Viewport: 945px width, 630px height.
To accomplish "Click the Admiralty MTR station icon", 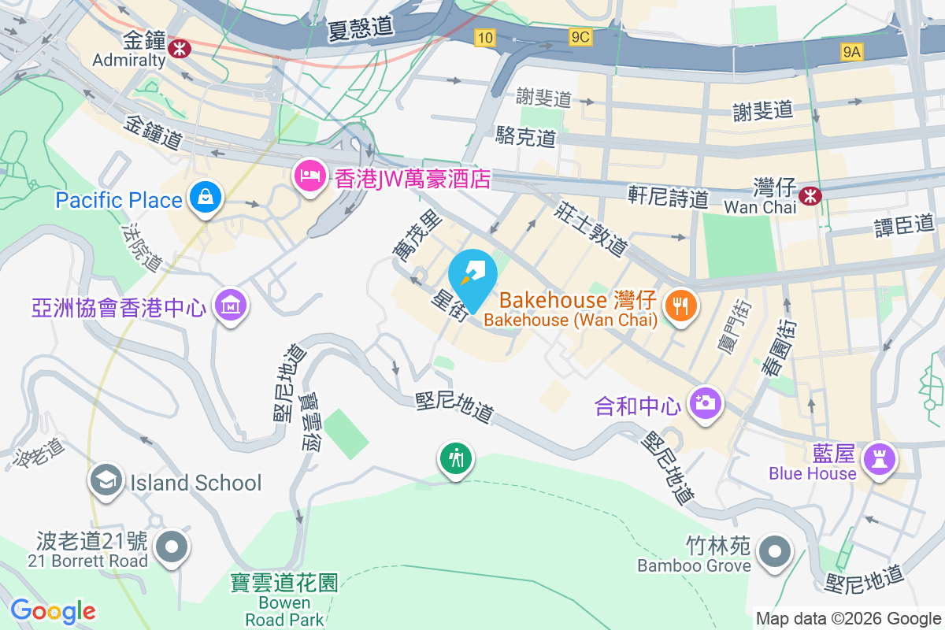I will pyautogui.click(x=180, y=48).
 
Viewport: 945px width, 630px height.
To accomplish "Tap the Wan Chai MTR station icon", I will pyautogui.click(x=809, y=195).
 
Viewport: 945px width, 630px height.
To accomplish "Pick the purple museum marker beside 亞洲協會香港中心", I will pyautogui.click(x=231, y=304).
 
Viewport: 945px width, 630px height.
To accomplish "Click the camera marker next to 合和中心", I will pyautogui.click(x=704, y=403).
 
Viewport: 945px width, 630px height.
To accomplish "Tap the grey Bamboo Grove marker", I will pyautogui.click(x=776, y=551).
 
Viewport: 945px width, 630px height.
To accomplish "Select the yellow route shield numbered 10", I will pyautogui.click(x=484, y=37).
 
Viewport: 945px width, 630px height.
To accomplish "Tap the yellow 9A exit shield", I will pyautogui.click(x=851, y=52).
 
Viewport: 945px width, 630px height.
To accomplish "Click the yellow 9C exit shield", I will pyautogui.click(x=580, y=36).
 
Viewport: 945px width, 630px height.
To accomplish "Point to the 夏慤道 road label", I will pyautogui.click(x=361, y=28).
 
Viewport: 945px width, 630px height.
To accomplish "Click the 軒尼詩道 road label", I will pyautogui.click(x=668, y=197).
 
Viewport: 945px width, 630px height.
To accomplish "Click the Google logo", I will pyautogui.click(x=53, y=611).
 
